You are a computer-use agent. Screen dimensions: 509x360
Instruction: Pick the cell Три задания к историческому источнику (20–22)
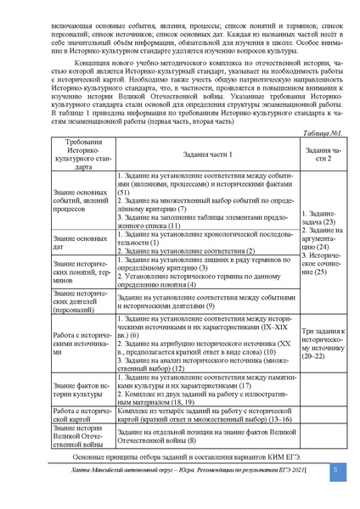point(323,343)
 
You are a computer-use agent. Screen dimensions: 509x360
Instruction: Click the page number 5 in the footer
point(335,470)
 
